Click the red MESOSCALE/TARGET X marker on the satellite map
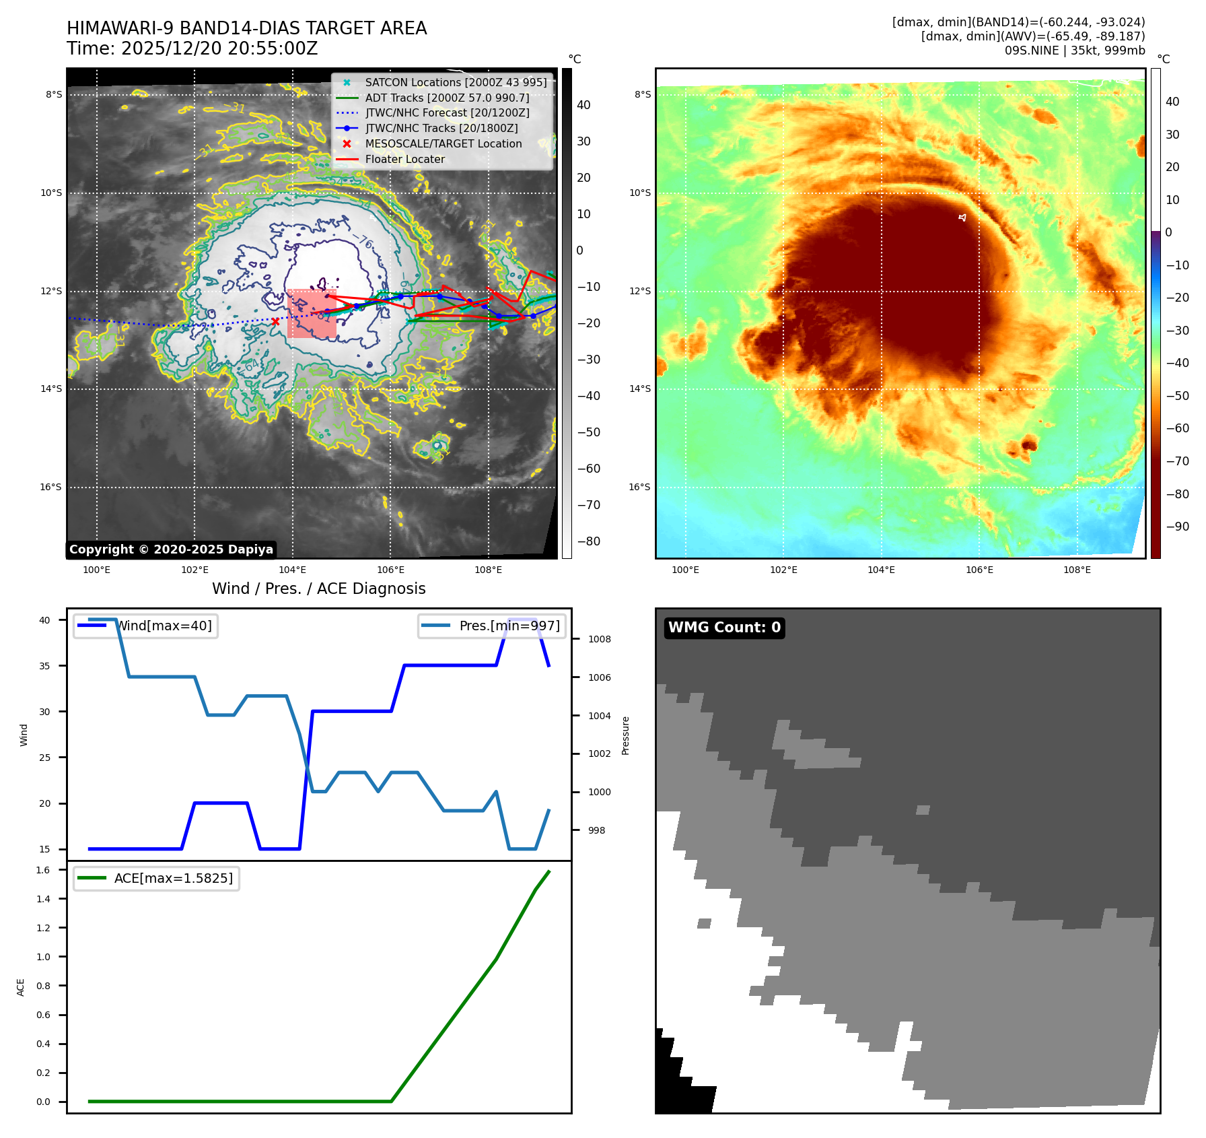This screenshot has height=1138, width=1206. coord(275,322)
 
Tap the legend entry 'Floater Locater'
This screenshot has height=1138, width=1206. coord(404,160)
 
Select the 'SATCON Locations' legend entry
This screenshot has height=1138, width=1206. coord(456,83)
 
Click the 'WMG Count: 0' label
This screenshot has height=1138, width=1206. coord(724,628)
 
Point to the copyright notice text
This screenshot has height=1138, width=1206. coord(171,549)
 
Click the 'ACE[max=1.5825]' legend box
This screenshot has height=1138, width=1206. coord(156,878)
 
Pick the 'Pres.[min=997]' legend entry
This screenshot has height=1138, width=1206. coord(492,626)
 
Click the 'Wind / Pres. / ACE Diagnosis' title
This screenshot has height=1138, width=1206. coord(318,589)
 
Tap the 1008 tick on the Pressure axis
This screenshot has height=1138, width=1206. coord(599,639)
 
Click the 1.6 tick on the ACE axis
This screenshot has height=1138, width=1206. coord(44,870)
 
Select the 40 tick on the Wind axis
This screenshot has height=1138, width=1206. coord(44,620)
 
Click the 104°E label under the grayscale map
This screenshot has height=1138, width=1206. coord(293,570)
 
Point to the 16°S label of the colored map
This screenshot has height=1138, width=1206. coord(639,487)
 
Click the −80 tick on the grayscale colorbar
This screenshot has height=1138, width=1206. coord(583,541)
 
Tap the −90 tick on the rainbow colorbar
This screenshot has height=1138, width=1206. coord(1177,527)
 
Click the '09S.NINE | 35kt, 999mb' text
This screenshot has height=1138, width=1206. coord(1074,51)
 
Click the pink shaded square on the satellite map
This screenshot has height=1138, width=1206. coord(312,314)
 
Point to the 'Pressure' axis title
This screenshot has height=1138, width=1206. coord(625,735)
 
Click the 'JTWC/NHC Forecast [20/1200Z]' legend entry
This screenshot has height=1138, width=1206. coord(447,113)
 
